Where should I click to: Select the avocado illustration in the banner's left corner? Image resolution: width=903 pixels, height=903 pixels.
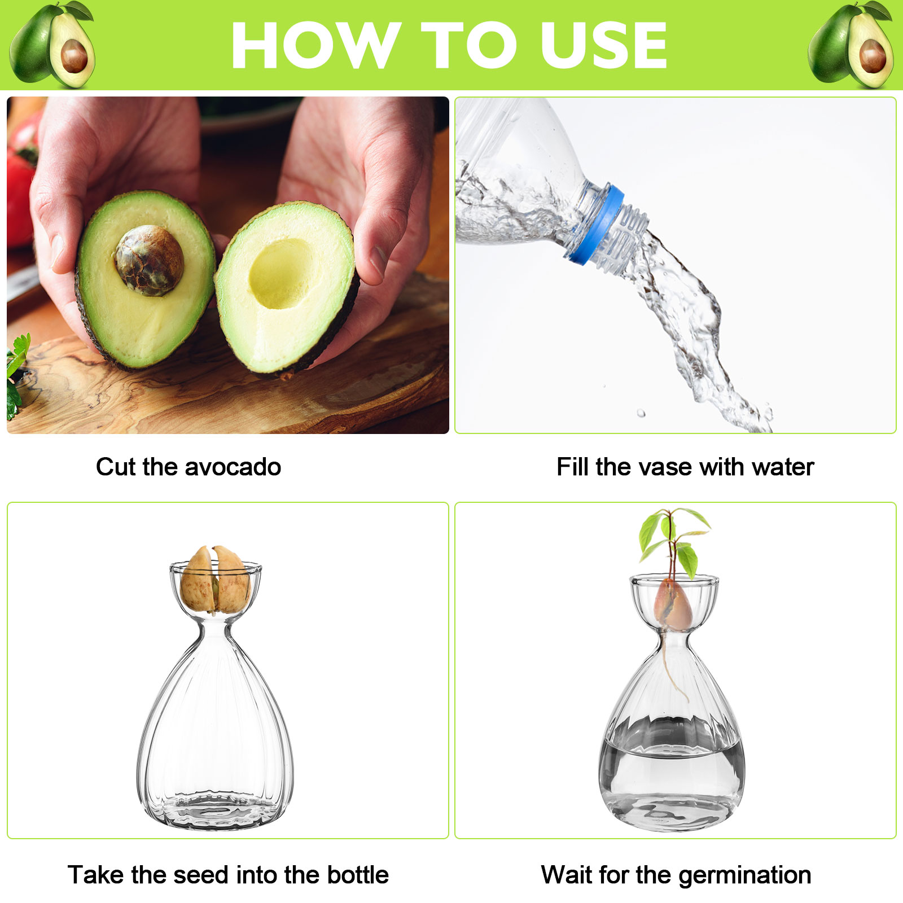[52, 45]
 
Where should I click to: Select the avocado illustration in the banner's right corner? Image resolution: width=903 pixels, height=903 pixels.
[851, 45]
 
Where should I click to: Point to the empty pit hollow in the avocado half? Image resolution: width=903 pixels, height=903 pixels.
[281, 273]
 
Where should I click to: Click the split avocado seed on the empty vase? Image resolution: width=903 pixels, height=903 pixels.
[216, 580]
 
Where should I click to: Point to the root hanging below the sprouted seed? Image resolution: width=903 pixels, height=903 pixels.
[673, 666]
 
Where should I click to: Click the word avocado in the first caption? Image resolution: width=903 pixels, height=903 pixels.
[233, 467]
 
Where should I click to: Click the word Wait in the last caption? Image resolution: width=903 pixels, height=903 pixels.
[567, 875]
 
